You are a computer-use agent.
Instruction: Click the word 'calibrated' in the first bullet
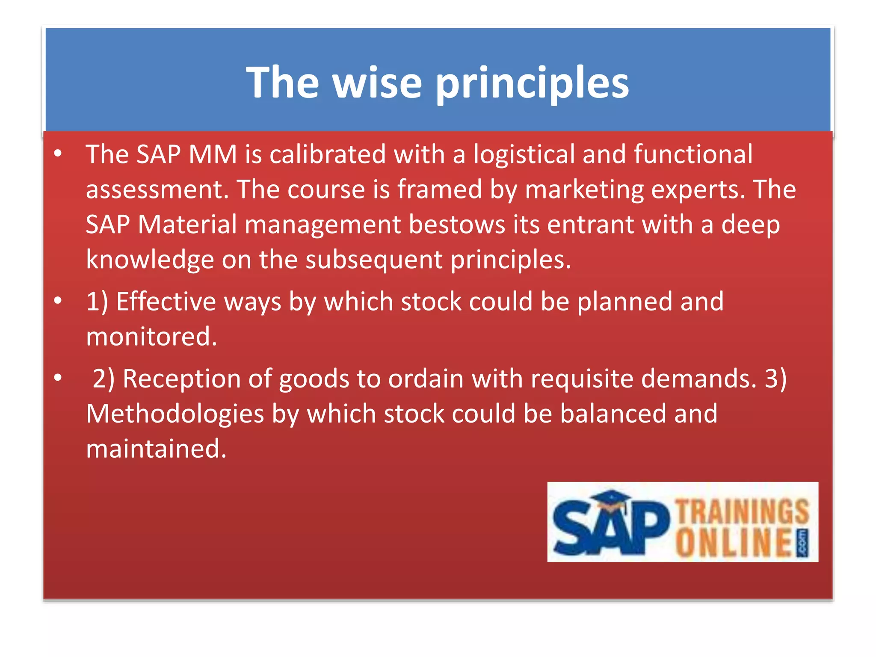click(x=328, y=154)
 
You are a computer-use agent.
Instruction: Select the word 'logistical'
click(x=524, y=154)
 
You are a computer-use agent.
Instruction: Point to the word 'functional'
click(x=693, y=154)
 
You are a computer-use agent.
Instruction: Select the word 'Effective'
click(x=166, y=302)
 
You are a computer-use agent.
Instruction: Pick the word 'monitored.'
click(x=151, y=337)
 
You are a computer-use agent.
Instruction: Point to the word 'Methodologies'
click(x=175, y=414)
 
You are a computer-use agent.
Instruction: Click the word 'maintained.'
click(x=156, y=449)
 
